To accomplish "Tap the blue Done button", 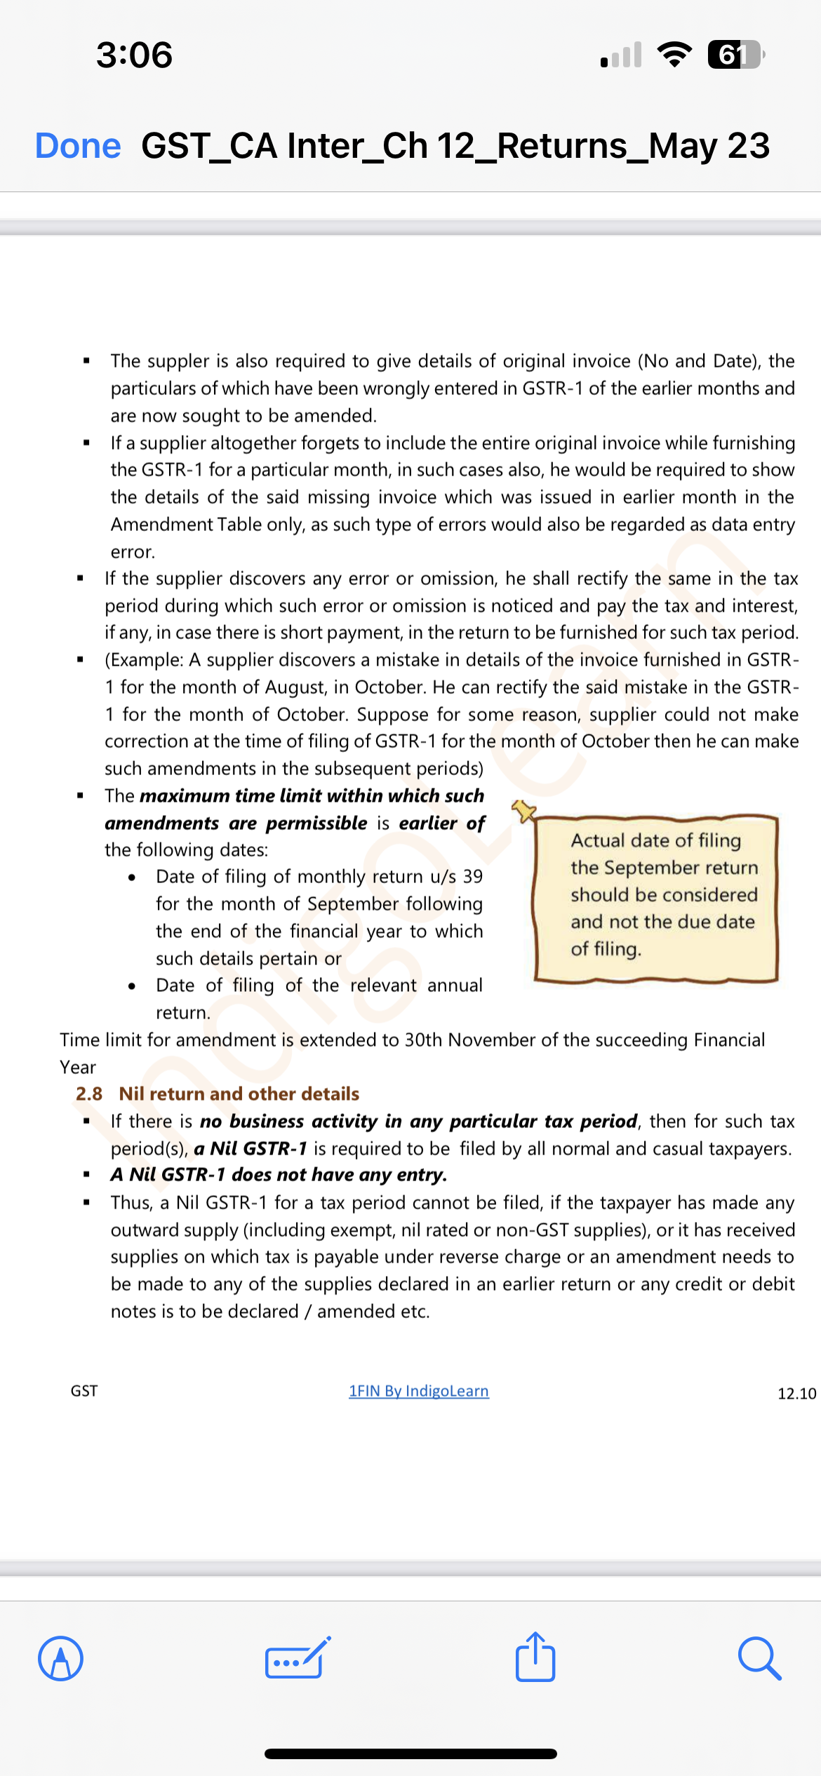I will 78,146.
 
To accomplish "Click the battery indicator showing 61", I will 735,55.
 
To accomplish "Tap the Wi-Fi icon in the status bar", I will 674,55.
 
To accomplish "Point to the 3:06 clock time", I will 134,55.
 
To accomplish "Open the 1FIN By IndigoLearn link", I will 419,1391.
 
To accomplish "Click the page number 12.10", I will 796,1393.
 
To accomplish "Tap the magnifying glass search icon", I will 759,1659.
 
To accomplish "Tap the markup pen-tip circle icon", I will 61,1659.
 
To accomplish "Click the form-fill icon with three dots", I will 298,1659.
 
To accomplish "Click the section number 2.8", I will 89,1094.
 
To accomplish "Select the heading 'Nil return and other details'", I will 239,1094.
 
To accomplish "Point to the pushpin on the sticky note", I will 524,811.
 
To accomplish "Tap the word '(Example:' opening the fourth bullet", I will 145,660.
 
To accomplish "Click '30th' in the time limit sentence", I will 423,1040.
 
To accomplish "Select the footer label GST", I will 84,1391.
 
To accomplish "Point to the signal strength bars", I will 621,55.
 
